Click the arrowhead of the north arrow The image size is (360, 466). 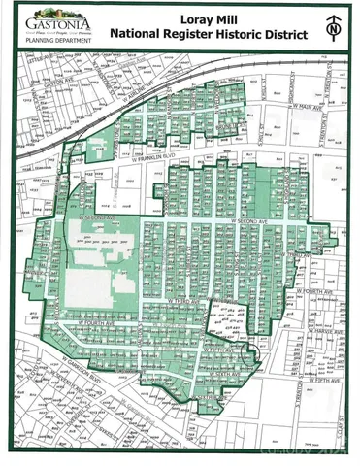[x=335, y=17]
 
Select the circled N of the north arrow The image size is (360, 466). [x=335, y=32]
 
